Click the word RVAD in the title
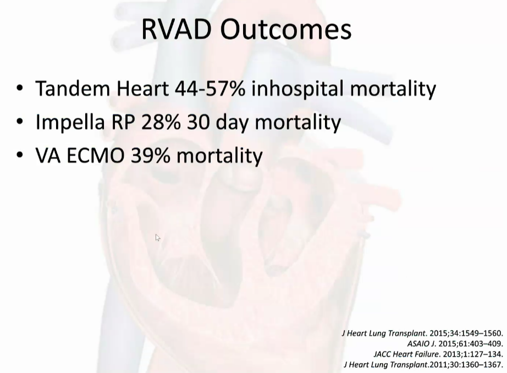tap(176, 30)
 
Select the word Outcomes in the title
tap(286, 30)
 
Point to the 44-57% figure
tap(210, 89)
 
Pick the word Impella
tap(70, 122)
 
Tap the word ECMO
tap(95, 156)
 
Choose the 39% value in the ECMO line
tap(150, 156)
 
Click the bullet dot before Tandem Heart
tap(19, 88)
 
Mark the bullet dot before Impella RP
tap(19, 122)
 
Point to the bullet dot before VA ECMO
tap(19, 155)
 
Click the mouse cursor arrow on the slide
tap(157, 238)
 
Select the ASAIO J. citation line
tap(455, 343)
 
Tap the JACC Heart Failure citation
tap(438, 354)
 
